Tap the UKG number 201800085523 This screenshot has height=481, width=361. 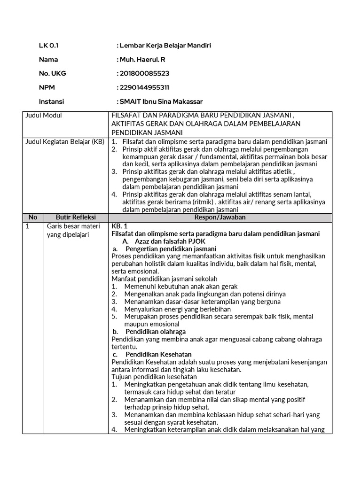point(144,73)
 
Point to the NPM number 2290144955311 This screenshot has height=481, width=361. point(144,87)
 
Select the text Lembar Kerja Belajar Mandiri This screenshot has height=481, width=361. point(165,46)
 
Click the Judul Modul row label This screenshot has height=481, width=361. point(44,116)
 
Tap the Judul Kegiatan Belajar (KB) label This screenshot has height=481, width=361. point(65,142)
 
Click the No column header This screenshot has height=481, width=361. point(32,217)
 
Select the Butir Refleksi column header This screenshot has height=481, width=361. point(76,217)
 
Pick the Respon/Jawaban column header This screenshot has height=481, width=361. point(220,217)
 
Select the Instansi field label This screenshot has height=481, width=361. point(51,101)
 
